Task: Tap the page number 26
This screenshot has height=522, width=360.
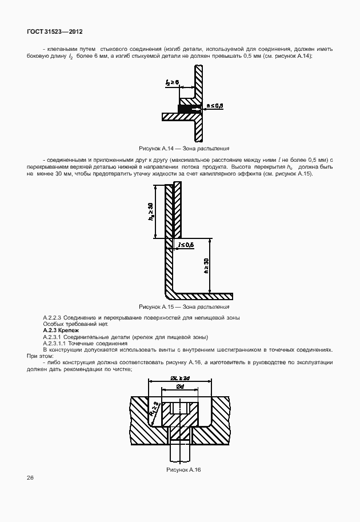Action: (30, 477)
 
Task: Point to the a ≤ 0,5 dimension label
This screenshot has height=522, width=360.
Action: (214, 106)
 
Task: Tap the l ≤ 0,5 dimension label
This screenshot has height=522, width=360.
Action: (186, 245)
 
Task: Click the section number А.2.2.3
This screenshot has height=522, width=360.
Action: (56, 317)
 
